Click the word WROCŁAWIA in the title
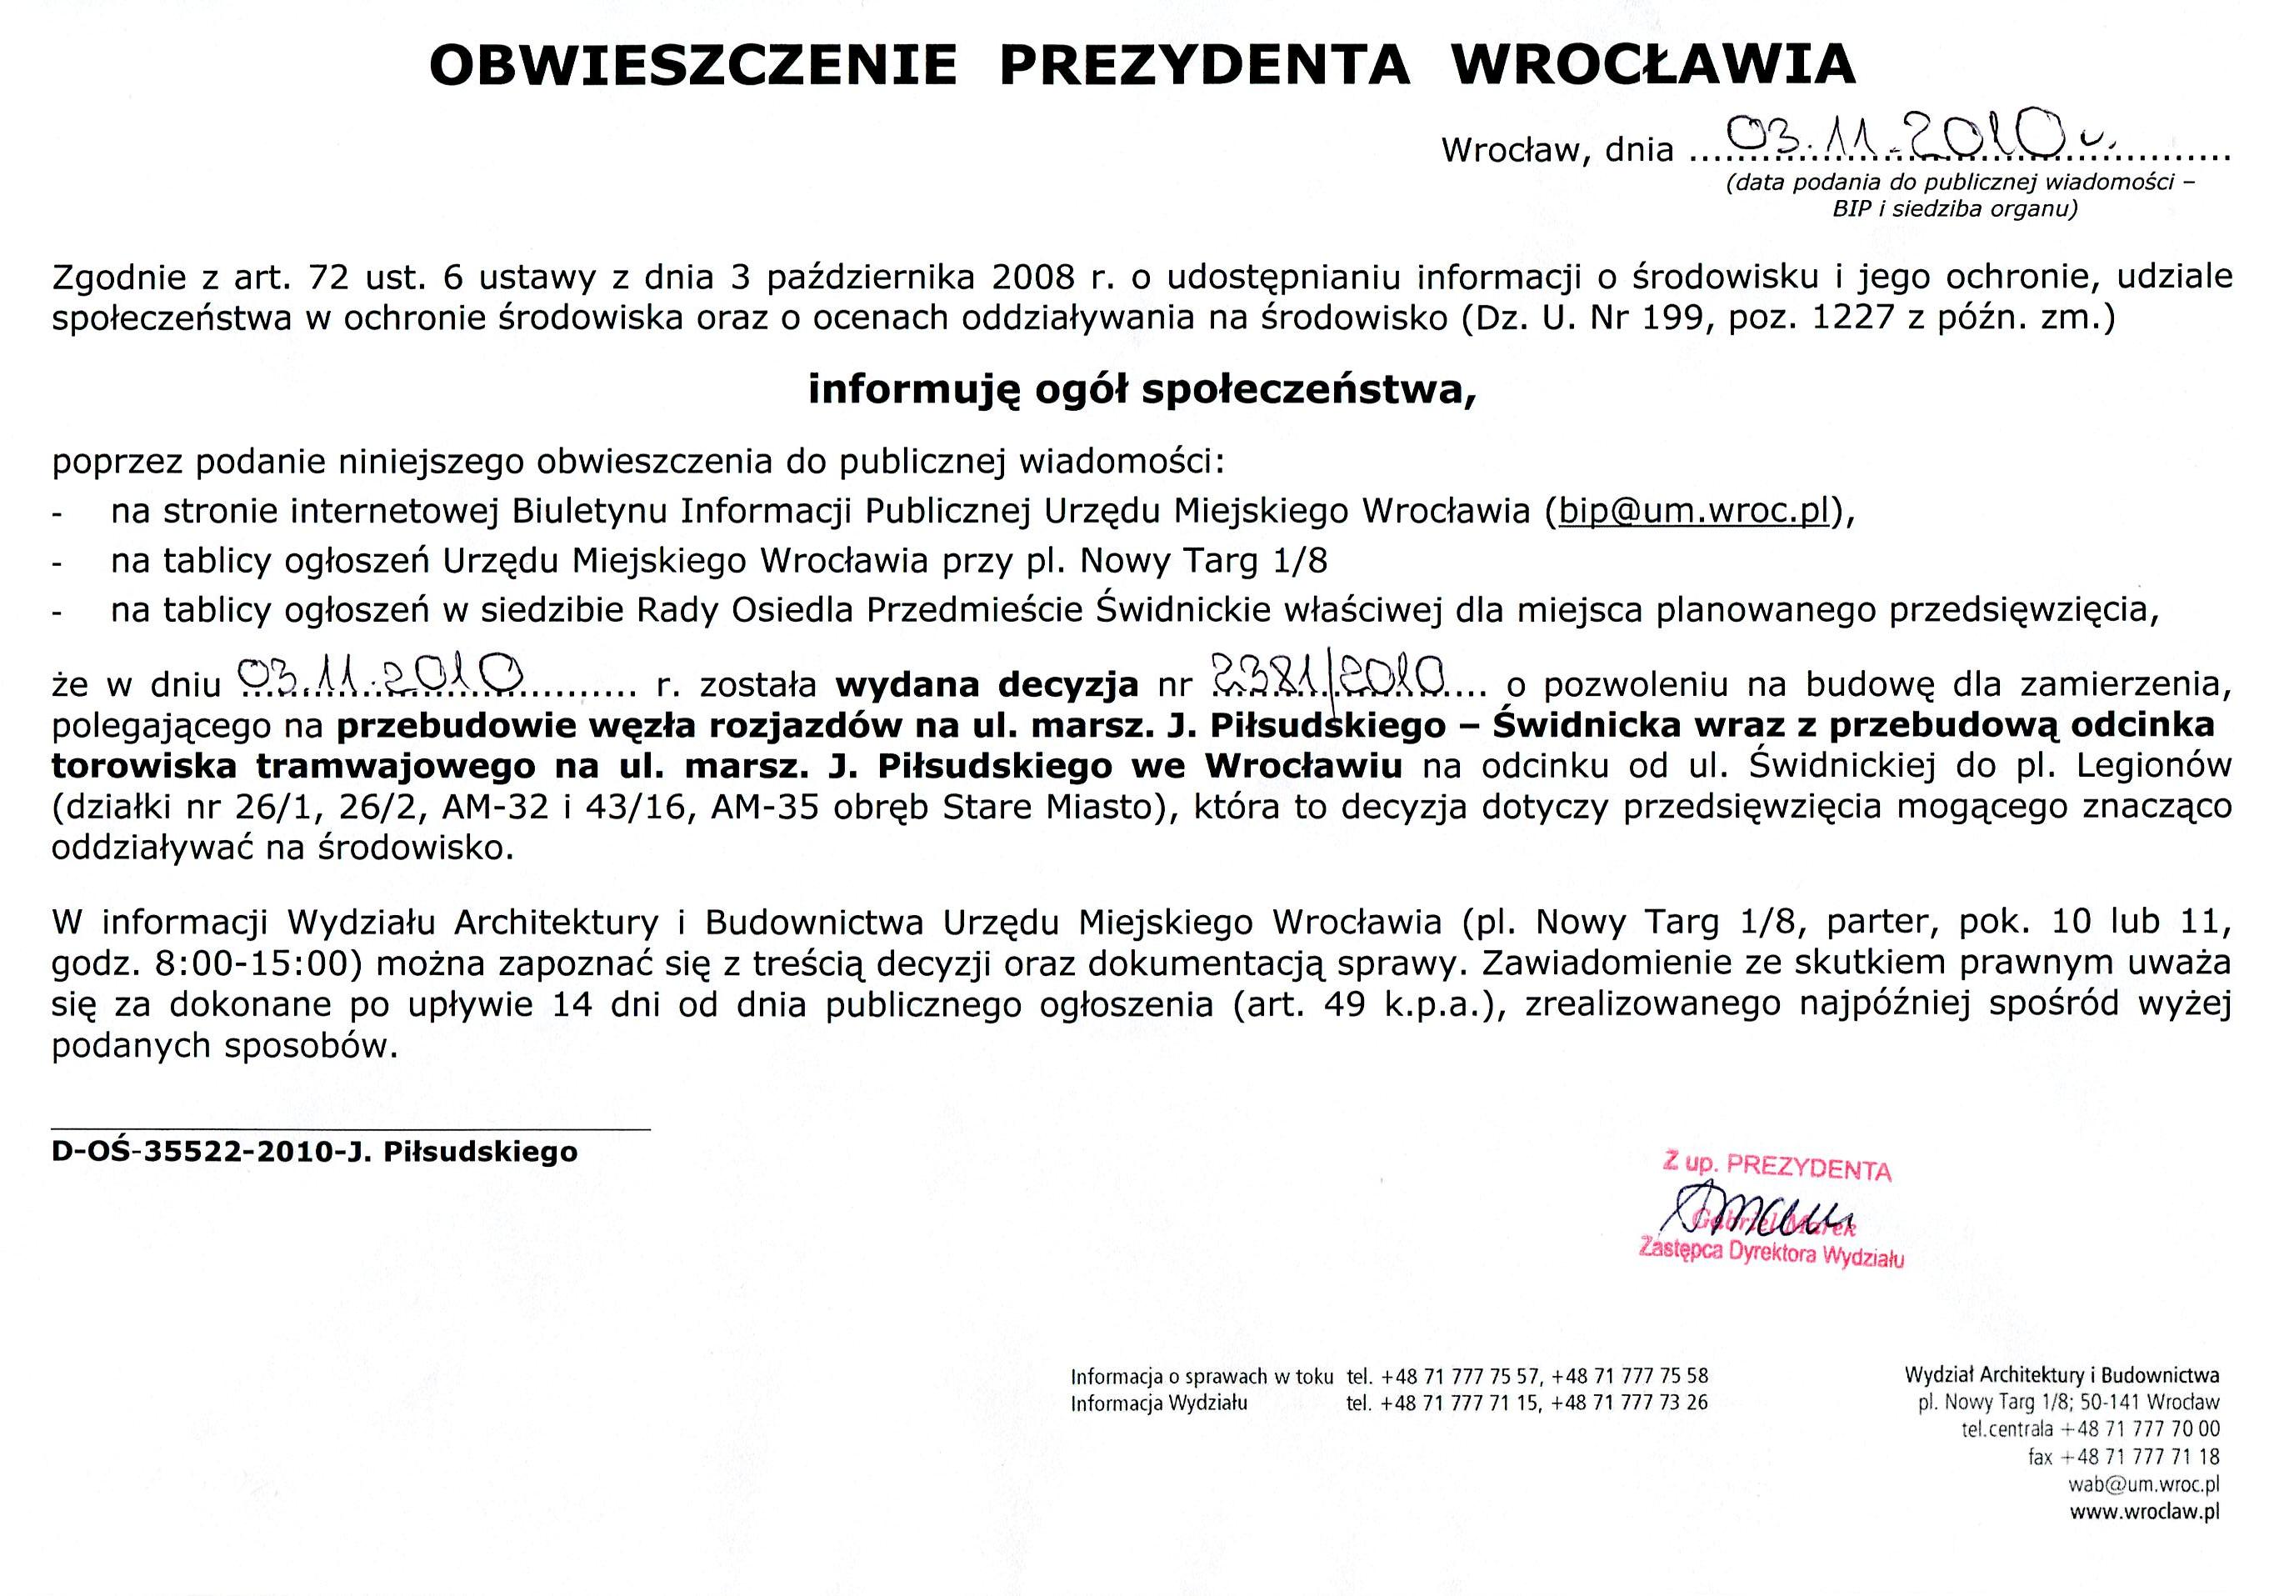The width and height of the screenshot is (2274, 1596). point(1652,65)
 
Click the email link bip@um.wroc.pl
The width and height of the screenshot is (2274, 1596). point(1692,510)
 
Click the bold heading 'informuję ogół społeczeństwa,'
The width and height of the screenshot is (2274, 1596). point(1141,390)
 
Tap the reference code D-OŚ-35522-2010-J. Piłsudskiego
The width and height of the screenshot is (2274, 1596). point(314,1151)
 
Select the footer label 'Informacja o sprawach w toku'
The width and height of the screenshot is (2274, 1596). point(1202,1376)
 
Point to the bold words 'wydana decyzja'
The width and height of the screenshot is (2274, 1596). point(987,684)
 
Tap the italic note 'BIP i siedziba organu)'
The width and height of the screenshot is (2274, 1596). point(1955,208)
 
